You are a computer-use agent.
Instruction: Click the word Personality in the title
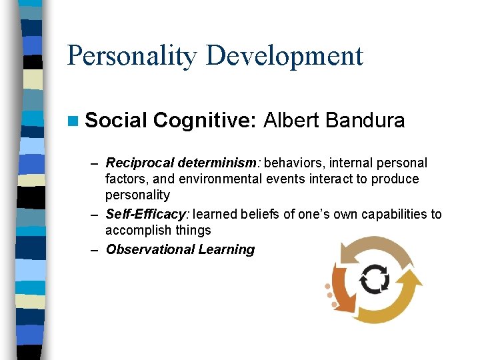(132, 55)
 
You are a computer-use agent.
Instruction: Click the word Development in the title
(285, 55)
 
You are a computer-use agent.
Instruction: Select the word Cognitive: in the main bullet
(205, 121)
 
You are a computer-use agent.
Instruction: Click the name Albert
(291, 121)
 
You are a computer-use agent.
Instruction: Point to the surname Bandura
(365, 121)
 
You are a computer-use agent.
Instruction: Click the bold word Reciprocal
(140, 163)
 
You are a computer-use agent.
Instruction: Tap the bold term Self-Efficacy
(147, 215)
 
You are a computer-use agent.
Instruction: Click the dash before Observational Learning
(95, 250)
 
